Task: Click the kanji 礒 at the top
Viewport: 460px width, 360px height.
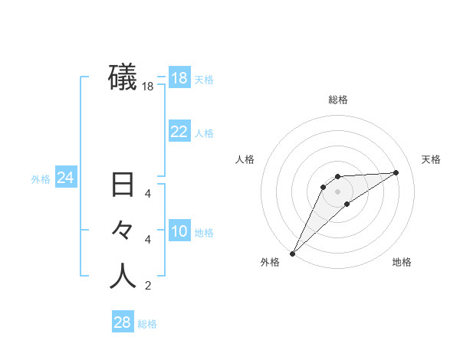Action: coord(123,77)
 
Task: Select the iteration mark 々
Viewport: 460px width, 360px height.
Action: coord(123,230)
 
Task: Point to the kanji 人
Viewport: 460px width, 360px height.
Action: coord(123,276)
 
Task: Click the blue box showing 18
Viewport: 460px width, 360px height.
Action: coord(179,78)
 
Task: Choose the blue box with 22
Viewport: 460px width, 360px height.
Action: coord(179,132)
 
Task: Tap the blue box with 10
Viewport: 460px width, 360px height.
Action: coord(179,231)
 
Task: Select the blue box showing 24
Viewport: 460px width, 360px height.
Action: coord(65,178)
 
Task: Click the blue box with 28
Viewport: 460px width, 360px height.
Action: coord(122,322)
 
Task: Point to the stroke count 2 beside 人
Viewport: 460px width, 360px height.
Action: coord(147,286)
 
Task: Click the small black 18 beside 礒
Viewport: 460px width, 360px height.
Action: coord(147,87)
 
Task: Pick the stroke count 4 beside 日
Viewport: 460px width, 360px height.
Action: coord(147,194)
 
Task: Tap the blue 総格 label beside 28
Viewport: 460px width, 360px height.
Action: coord(147,324)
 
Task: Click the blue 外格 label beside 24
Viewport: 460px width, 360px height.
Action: coord(41,179)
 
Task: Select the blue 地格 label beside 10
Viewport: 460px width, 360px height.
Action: coord(204,233)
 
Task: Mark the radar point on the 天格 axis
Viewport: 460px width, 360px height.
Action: coord(396,172)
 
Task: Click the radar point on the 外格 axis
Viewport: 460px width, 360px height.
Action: coord(292,253)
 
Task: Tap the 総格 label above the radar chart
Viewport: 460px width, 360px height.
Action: coord(337,100)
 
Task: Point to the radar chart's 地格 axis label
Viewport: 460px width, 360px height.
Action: coord(402,262)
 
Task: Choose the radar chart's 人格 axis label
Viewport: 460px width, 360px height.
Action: coord(245,159)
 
